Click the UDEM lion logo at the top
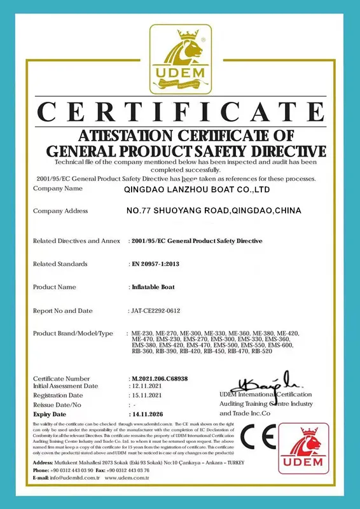pos(180,61)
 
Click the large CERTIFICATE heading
pos(180,113)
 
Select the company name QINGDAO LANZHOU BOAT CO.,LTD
pos(197,190)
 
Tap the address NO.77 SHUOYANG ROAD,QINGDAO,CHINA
pos(213,211)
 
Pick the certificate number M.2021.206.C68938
pos(163,379)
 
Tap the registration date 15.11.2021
pos(147,395)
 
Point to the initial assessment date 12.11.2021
pos(147,386)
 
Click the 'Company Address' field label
pos(60,211)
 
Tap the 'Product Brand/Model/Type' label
pos(73,333)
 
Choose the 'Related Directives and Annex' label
pos(76,241)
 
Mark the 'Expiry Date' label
pos(51,414)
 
